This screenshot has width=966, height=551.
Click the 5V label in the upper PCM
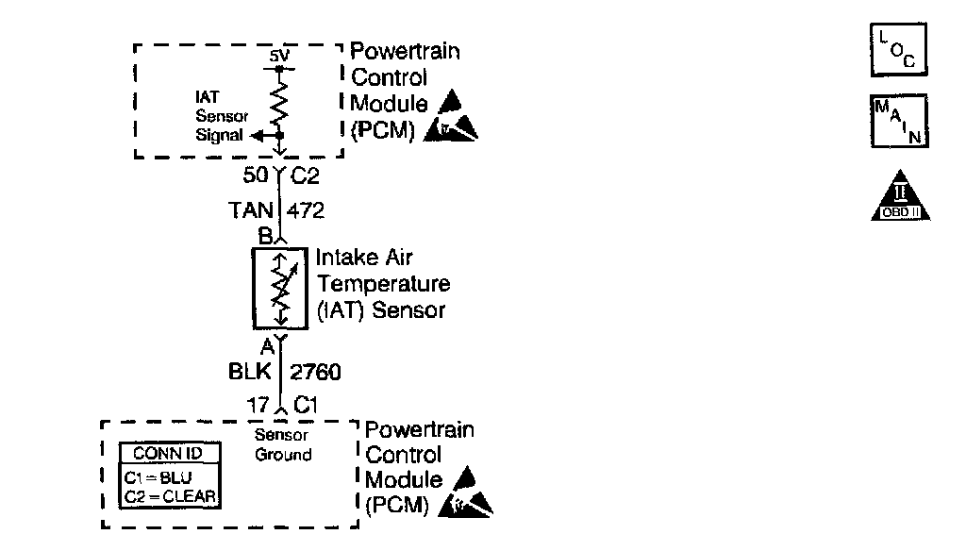tap(278, 58)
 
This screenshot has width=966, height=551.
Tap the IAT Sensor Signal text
tap(221, 116)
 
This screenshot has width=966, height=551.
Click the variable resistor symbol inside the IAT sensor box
tap(279, 287)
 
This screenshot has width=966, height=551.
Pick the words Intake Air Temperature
tap(383, 270)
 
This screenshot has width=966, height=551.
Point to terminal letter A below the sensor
tap(267, 346)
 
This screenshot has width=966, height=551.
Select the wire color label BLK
tap(251, 373)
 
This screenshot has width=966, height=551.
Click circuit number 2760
tap(315, 373)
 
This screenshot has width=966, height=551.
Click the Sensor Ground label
tap(283, 445)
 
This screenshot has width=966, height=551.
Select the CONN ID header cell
tap(169, 454)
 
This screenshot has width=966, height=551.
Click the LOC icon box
tap(897, 50)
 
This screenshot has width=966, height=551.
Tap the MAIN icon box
tap(897, 121)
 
